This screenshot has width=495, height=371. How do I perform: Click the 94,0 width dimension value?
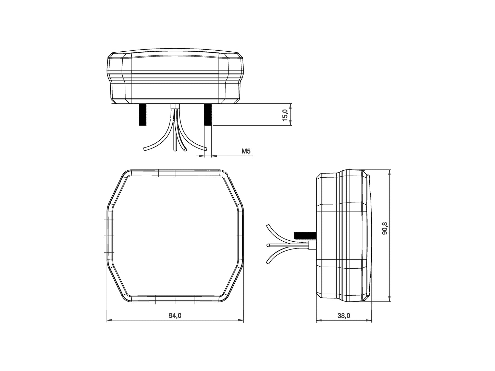tap(175, 316)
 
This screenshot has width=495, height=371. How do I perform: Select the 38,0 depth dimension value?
tap(344, 316)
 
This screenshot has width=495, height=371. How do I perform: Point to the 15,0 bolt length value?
tap(284, 115)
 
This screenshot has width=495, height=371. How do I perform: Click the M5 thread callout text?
tap(246, 151)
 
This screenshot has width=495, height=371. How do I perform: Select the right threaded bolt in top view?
tap(208, 115)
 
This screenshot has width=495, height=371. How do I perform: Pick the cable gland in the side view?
tap(312, 246)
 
